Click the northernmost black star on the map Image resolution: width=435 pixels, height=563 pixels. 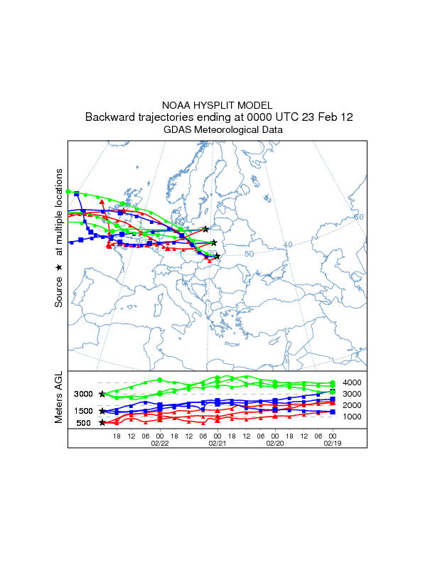coord(206,229)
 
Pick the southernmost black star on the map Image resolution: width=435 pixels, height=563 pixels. coord(217,256)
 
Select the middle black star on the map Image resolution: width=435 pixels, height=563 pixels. coord(213,243)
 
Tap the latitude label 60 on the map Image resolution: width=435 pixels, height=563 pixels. coord(358,217)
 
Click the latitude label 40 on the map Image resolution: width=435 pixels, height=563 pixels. coord(288,245)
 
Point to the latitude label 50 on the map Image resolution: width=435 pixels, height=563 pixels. coord(249,254)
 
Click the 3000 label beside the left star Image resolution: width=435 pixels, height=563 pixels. coord(84,394)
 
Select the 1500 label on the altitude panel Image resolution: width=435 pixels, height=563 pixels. coord(84,411)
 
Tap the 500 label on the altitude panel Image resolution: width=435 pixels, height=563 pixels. coord(84,423)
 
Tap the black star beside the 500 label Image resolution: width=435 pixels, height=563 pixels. coord(102,422)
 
